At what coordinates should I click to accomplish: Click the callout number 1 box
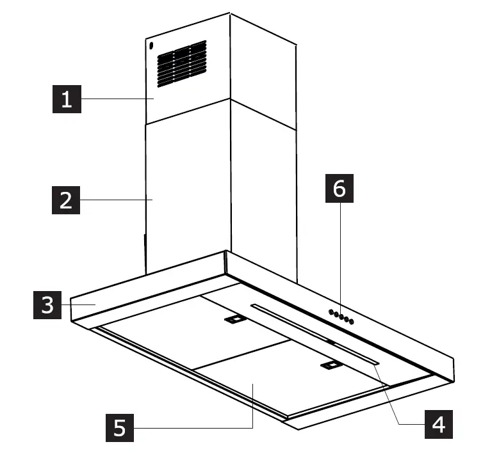click(67, 100)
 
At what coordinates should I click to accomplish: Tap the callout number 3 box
click(48, 305)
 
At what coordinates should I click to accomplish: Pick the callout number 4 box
click(438, 424)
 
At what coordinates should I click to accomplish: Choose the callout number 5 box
click(119, 427)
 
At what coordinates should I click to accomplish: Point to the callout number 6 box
click(339, 189)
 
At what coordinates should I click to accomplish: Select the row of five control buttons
click(340, 315)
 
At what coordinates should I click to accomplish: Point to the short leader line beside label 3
click(80, 305)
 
